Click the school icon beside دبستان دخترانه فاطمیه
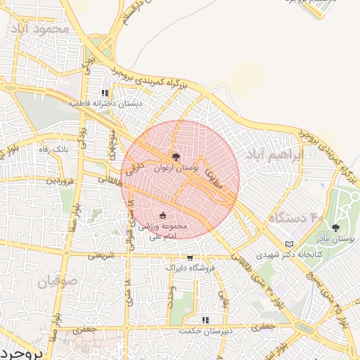point(105,93)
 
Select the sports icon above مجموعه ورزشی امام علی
point(163,216)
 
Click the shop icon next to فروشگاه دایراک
point(189,258)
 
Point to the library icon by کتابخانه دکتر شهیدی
point(288,244)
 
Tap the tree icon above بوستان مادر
point(335,228)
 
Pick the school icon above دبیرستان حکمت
point(205,321)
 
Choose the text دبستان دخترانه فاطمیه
point(105,103)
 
